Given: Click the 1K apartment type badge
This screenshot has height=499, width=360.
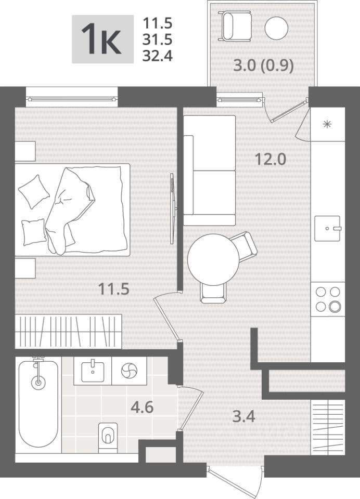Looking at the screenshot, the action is pyautogui.click(x=102, y=39).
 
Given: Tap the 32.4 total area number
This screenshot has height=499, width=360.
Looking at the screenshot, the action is pyautogui.click(x=158, y=56).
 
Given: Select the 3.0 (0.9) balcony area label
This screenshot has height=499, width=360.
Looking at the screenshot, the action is pyautogui.click(x=263, y=66).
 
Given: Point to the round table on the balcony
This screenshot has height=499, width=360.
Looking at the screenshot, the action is pyautogui.click(x=276, y=28).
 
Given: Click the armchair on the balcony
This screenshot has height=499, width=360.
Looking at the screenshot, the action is pyautogui.click(x=234, y=25).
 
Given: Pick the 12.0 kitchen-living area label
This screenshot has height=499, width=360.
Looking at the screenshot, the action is pyautogui.click(x=271, y=159).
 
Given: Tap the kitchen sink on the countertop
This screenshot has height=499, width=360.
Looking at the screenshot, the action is pyautogui.click(x=328, y=228).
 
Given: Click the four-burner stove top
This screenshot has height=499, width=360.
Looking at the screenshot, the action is pyautogui.click(x=328, y=299).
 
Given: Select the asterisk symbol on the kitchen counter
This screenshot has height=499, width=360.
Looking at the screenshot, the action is pyautogui.click(x=327, y=124).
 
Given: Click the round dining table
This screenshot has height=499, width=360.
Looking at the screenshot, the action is pyautogui.click(x=213, y=259).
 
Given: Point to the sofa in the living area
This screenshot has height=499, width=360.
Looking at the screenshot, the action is pyautogui.click(x=209, y=170).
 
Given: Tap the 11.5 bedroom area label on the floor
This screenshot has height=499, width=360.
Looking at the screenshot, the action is pyautogui.click(x=113, y=289).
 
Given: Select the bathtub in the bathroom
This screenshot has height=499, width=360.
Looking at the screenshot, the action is pyautogui.click(x=38, y=404).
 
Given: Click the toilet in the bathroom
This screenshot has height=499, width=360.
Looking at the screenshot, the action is pyautogui.click(x=108, y=437).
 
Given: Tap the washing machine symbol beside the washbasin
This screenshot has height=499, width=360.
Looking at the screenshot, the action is pyautogui.click(x=129, y=371).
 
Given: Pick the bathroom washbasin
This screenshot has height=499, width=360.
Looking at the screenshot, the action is pyautogui.click(x=93, y=371).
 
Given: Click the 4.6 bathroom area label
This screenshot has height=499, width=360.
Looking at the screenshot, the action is pyautogui.click(x=142, y=407).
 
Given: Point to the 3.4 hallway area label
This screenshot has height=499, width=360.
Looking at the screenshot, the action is pyautogui.click(x=244, y=416).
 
